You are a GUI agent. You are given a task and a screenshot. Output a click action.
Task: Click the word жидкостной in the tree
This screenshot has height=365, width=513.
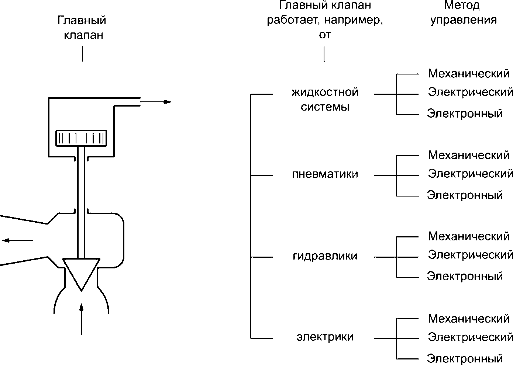point(325,93)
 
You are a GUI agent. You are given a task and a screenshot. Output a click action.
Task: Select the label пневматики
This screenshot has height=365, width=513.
point(325,174)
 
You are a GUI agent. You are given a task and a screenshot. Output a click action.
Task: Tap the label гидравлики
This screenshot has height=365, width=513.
point(325,256)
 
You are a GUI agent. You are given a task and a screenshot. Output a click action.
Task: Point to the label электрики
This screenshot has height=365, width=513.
point(325,337)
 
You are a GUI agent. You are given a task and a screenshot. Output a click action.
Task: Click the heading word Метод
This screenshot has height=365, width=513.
point(462,5)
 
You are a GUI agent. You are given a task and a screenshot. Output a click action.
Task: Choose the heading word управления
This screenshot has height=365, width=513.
point(464,20)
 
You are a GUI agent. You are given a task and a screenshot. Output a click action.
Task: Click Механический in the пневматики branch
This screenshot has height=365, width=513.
point(469,155)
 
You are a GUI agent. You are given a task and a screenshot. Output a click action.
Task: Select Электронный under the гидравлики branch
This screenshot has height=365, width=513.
point(465,276)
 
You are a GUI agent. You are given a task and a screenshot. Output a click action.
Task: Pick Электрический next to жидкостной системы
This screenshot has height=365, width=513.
point(471,92)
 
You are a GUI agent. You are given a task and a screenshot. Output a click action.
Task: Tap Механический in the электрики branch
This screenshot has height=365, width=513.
point(469,318)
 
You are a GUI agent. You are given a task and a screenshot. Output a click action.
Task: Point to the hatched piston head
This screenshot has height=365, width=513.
point(81,138)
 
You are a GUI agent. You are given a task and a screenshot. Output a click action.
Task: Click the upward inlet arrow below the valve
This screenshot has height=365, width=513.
point(81,319)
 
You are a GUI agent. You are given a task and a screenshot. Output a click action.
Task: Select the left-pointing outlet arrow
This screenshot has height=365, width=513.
point(17,240)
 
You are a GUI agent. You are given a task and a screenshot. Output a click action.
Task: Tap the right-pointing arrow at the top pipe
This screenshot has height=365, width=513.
point(156,102)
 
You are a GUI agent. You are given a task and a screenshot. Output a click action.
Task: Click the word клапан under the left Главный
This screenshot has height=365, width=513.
point(83,36)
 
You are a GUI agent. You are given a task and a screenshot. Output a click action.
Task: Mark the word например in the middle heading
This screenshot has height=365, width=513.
point(354,21)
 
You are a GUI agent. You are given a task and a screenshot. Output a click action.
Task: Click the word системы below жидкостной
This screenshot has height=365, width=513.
point(325,107)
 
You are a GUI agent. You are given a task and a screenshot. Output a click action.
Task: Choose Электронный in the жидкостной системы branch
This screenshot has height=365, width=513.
point(465,113)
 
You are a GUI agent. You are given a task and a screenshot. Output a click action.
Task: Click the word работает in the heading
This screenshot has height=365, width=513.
point(294,20)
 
